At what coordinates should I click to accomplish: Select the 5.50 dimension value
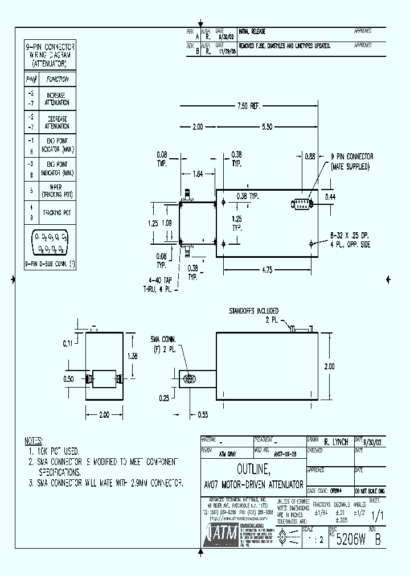(x=266, y=127)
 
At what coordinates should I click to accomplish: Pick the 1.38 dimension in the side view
(x=132, y=355)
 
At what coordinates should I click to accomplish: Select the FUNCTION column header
(x=57, y=80)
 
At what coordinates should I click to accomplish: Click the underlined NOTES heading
(x=34, y=441)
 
